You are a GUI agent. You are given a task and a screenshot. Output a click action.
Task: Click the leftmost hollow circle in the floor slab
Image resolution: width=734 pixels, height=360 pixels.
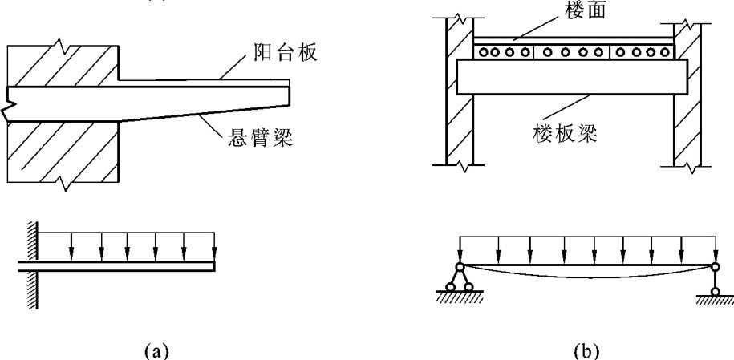[484, 52]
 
